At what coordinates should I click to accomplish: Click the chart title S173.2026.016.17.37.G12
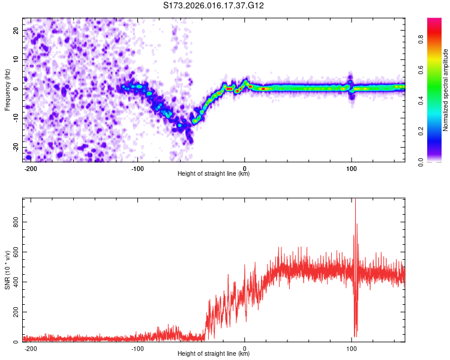coord(214,6)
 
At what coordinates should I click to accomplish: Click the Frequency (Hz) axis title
coord(7,90)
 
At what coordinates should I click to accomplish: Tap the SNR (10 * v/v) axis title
coord(7,270)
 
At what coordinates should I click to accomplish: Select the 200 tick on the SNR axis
coord(14,312)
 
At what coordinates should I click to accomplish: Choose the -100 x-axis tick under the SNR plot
coord(137,348)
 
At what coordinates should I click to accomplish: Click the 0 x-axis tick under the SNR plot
coord(245,348)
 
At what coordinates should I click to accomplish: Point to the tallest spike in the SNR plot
coord(355,200)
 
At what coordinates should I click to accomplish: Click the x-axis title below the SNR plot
coord(214,354)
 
